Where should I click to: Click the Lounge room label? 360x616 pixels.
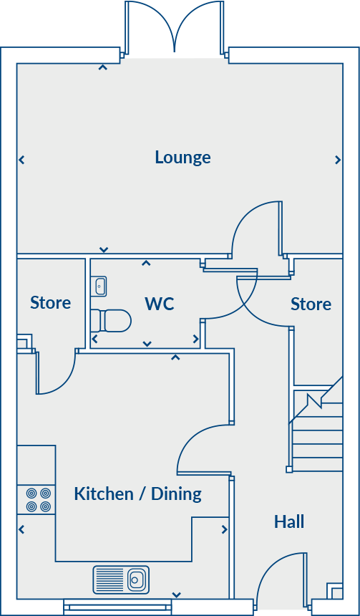pyautogui.click(x=183, y=158)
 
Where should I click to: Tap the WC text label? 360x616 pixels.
pyautogui.click(x=159, y=304)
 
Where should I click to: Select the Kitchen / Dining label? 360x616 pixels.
pyautogui.click(x=137, y=494)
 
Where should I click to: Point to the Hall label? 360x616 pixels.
pyautogui.click(x=289, y=521)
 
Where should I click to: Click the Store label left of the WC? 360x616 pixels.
pyautogui.click(x=50, y=303)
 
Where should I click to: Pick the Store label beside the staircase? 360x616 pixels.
pyautogui.click(x=311, y=304)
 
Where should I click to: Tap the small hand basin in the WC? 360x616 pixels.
pyautogui.click(x=99, y=287)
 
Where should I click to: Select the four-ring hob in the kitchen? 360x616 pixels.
pyautogui.click(x=38, y=500)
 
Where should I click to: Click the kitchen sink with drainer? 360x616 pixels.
pyautogui.click(x=121, y=579)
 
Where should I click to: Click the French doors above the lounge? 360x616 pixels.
pyautogui.click(x=174, y=27)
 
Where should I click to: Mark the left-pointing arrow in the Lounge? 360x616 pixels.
pyautogui.click(x=21, y=160)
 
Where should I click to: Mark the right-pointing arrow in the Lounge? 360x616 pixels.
pyautogui.click(x=338, y=160)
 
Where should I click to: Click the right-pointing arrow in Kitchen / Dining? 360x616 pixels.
pyautogui.click(x=225, y=530)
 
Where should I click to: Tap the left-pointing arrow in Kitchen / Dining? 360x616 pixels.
pyautogui.click(x=21, y=530)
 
